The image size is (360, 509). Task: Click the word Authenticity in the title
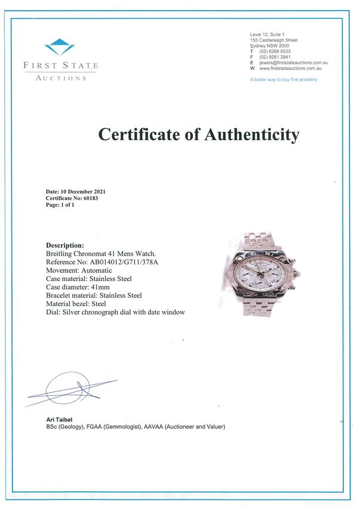pyautogui.click(x=251, y=135)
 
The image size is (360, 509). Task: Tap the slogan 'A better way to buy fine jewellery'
pyautogui.click(x=284, y=79)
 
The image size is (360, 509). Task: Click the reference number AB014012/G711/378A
pyautogui.click(x=127, y=261)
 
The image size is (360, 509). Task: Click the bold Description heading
pyautogui.click(x=65, y=245)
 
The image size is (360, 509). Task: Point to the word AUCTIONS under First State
pyautogui.click(x=60, y=78)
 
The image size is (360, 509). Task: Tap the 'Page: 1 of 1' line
pyautogui.click(x=60, y=205)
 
